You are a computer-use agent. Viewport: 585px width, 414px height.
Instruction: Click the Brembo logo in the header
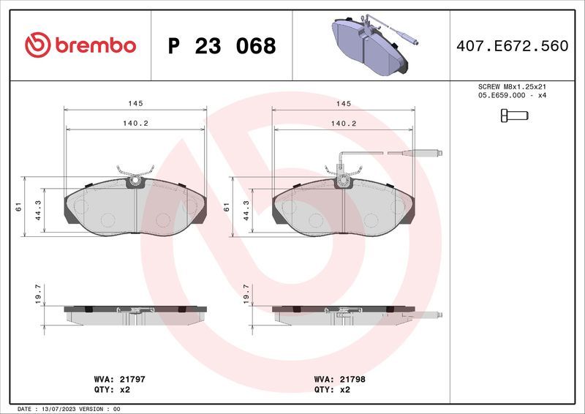coord(80,45)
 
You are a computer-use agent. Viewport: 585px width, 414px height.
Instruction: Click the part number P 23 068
coord(222,46)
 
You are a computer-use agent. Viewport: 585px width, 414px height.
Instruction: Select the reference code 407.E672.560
coord(512,46)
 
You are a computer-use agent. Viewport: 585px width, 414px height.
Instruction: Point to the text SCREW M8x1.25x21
coord(512,86)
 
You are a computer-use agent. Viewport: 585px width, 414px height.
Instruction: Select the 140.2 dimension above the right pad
coord(343,124)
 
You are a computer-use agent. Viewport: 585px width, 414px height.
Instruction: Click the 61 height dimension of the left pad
coord(18,208)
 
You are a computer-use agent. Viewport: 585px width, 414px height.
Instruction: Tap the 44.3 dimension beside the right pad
coord(246,211)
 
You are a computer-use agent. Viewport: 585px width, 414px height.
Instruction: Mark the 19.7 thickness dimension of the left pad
coord(39,295)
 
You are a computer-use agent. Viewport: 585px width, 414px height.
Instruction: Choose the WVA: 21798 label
coord(341,380)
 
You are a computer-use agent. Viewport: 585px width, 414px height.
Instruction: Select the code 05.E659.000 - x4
coord(512,96)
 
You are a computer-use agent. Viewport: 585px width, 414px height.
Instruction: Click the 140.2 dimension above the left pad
coord(136,124)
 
